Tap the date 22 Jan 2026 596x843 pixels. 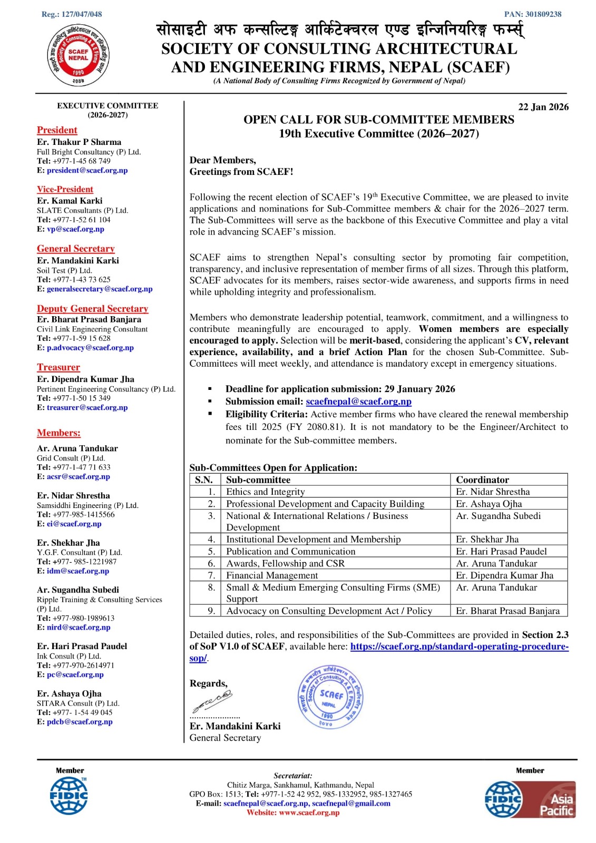543,107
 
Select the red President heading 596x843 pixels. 57,130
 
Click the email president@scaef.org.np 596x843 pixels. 87,170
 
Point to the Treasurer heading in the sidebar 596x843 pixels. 58,367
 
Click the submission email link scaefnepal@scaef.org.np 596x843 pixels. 358,401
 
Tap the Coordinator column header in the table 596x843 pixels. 482,479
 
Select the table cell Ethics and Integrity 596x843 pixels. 266,492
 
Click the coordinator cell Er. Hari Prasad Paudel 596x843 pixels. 501,551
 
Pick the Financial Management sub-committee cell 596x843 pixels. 272,575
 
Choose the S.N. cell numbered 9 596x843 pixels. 211,611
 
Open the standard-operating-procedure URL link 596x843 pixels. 459,646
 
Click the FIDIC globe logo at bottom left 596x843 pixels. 69,796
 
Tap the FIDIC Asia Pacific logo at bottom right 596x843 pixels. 530,799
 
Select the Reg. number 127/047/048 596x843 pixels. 72,14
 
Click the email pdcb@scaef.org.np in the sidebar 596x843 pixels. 80,722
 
